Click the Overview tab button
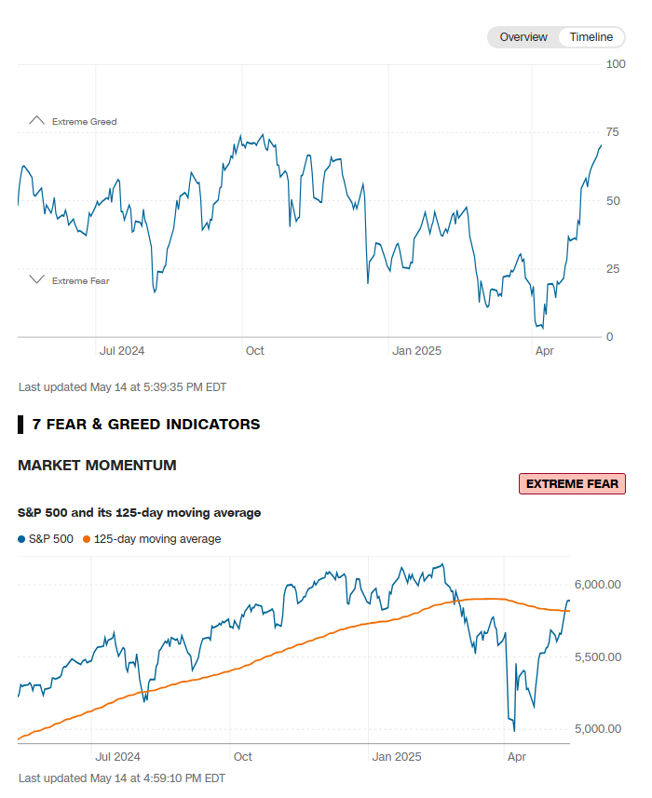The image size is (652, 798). (x=523, y=37)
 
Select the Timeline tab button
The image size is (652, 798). (x=591, y=37)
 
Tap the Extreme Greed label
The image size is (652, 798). (x=84, y=122)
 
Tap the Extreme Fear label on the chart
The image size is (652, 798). (x=80, y=280)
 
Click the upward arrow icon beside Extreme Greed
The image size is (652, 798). (x=36, y=121)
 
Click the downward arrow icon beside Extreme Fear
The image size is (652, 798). (x=36, y=279)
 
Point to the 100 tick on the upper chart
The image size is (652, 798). (x=616, y=64)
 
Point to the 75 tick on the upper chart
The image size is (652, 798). (x=613, y=132)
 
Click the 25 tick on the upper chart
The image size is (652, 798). (x=613, y=269)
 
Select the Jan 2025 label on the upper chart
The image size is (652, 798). (x=416, y=351)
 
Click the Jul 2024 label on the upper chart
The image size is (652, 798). (x=122, y=351)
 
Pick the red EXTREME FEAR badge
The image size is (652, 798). (x=572, y=484)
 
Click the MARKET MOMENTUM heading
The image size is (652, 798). (x=97, y=466)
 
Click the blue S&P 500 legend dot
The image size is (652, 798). (x=22, y=539)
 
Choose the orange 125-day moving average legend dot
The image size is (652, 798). (x=88, y=539)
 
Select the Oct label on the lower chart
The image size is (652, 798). (x=242, y=758)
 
